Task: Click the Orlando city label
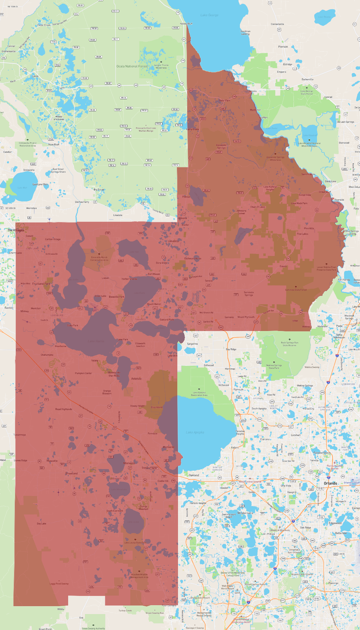click(x=330, y=483)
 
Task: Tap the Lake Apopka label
click(x=195, y=432)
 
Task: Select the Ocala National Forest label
click(x=132, y=66)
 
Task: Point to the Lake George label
click(x=209, y=15)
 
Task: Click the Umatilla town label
click(x=173, y=241)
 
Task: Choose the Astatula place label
click(x=136, y=379)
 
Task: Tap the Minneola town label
click(x=129, y=463)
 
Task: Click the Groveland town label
click(x=71, y=473)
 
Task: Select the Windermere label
click(x=245, y=513)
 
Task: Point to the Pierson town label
click(x=283, y=47)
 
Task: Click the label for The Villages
click(x=16, y=230)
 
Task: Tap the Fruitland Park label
click(x=41, y=284)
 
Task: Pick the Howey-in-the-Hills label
click(x=114, y=374)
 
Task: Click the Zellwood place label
click(x=208, y=365)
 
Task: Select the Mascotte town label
click(x=52, y=461)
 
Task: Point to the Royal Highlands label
click(x=64, y=409)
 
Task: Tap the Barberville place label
click(x=307, y=79)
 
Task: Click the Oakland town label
click(x=194, y=475)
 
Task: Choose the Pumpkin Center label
click(x=83, y=373)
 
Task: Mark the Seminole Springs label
click(x=249, y=293)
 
